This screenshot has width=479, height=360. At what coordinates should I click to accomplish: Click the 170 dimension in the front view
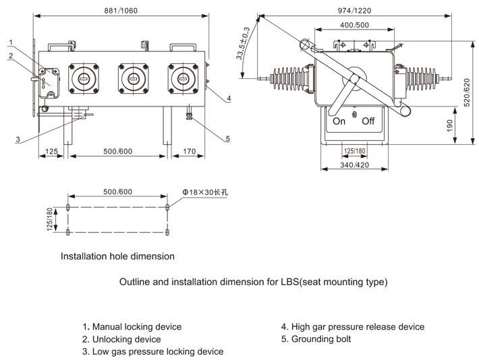pyautogui.click(x=190, y=152)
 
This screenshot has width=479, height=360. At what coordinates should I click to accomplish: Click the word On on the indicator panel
pyautogui.click(x=339, y=121)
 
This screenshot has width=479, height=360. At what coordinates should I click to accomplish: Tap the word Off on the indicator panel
pyautogui.click(x=368, y=121)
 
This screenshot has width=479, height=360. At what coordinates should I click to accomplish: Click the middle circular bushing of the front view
pyautogui.click(x=132, y=79)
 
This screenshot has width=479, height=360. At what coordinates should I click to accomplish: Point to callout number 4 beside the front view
pyautogui.click(x=229, y=98)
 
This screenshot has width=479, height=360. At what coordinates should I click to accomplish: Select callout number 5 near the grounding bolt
pyautogui.click(x=227, y=139)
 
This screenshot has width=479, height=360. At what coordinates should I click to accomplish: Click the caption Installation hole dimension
pyautogui.click(x=117, y=256)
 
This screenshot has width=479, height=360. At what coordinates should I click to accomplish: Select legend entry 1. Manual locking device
pyautogui.click(x=132, y=327)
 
